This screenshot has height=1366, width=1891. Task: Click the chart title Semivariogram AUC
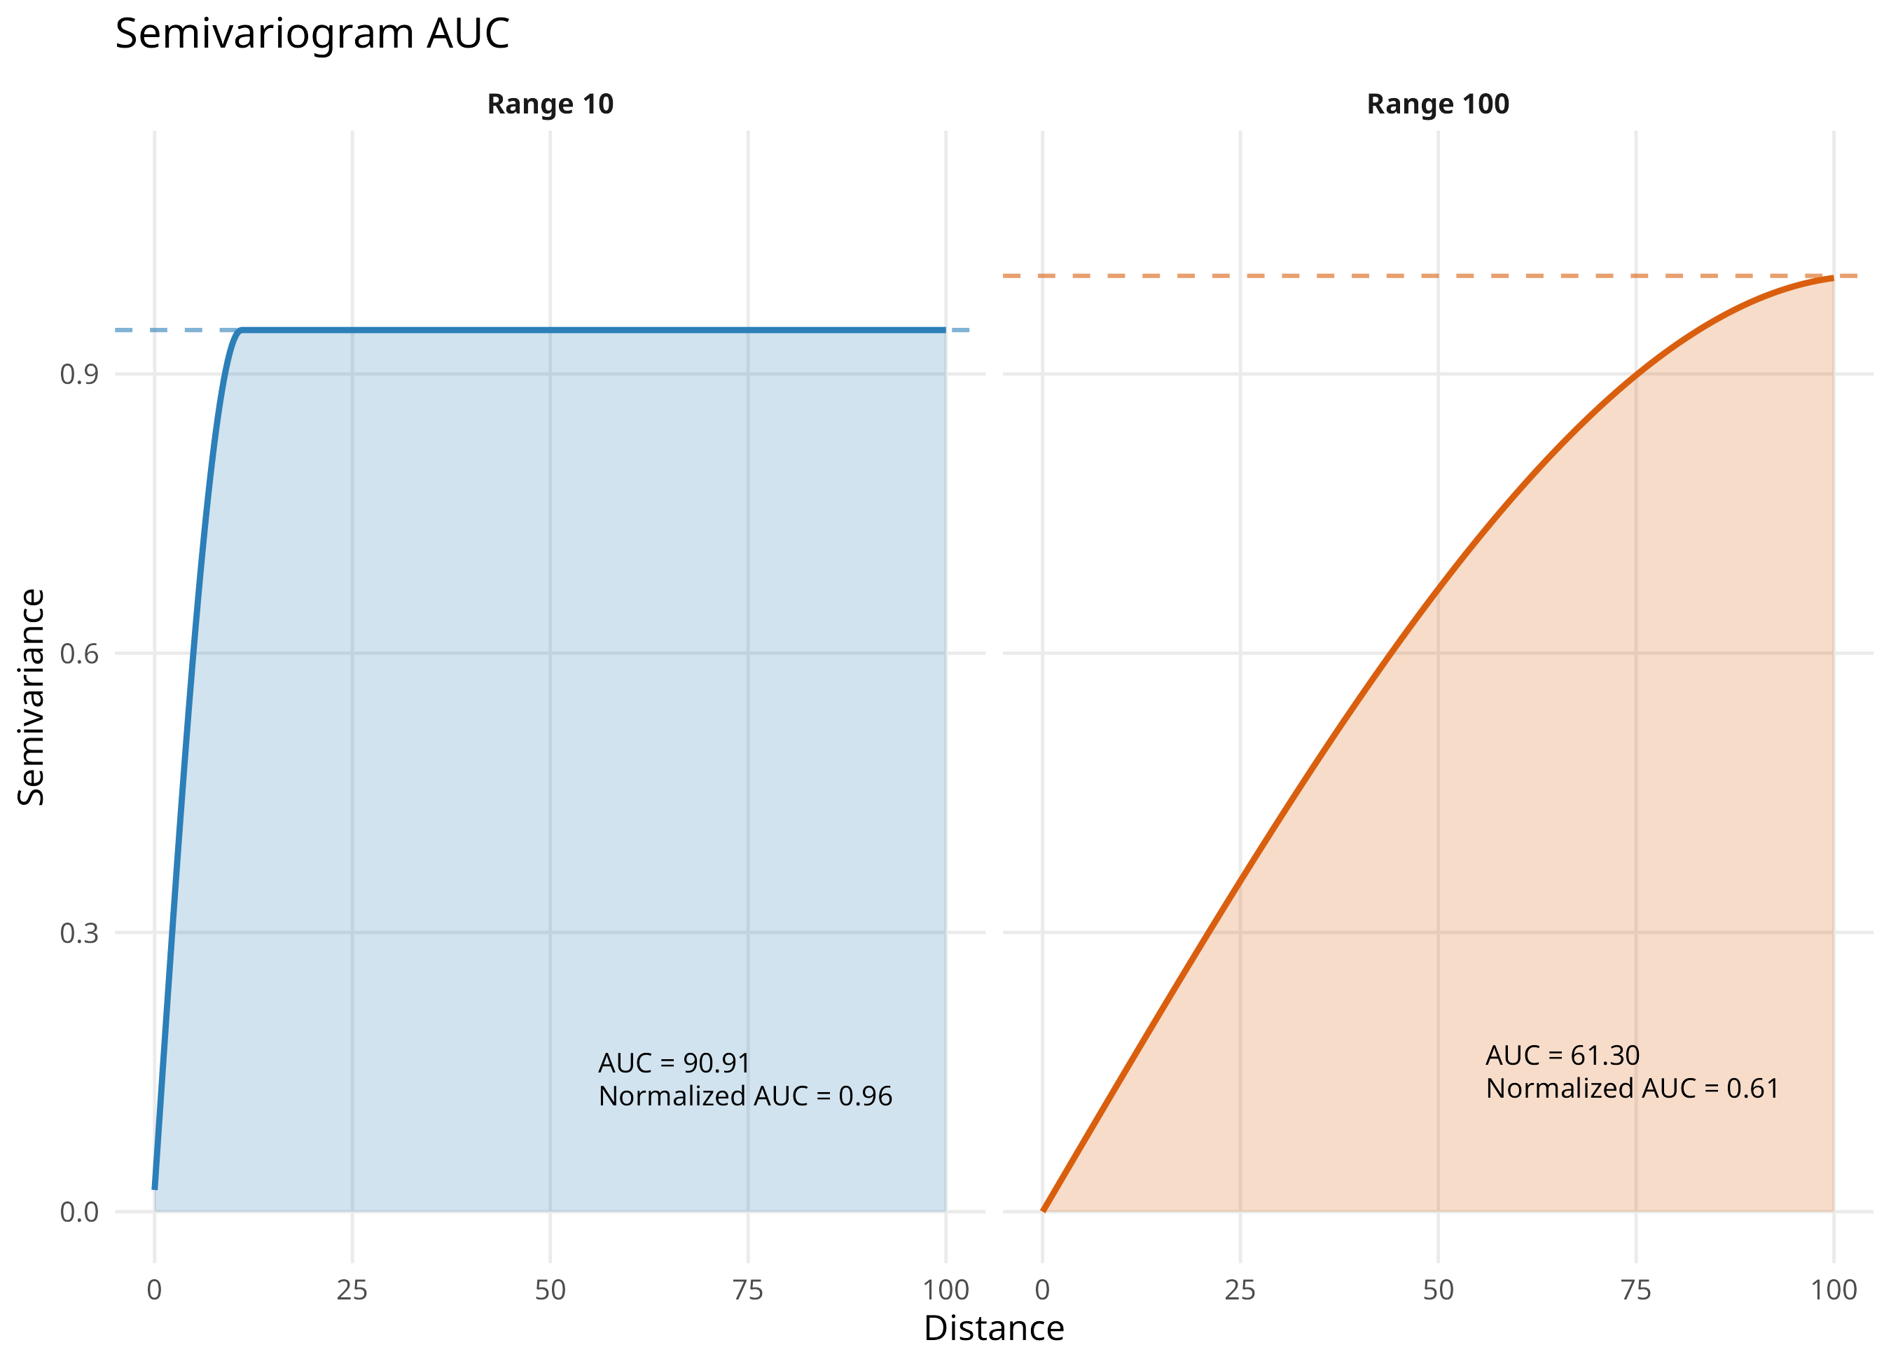(x=312, y=34)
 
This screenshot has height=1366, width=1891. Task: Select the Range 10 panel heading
(x=550, y=104)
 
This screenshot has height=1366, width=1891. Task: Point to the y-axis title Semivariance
(x=31, y=696)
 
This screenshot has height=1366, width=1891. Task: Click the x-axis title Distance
(x=994, y=1328)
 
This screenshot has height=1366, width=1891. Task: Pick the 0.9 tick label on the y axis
(x=79, y=375)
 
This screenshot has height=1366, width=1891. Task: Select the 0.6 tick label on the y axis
(x=79, y=654)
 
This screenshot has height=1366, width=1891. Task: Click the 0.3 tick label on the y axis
(x=79, y=932)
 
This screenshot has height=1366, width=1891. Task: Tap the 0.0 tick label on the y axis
(x=79, y=1212)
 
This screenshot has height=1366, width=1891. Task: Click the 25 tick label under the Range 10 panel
(x=352, y=1290)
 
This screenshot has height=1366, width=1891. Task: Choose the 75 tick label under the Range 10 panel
(x=748, y=1290)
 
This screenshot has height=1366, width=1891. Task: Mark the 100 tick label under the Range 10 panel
(x=946, y=1290)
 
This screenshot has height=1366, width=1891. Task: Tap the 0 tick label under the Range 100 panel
(x=1042, y=1290)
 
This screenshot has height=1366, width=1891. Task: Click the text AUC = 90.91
(x=674, y=1063)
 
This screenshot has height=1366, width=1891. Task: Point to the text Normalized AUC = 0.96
(x=745, y=1096)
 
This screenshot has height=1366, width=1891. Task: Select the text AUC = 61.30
(x=1563, y=1056)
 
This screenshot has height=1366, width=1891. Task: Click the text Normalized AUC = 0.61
(x=1633, y=1089)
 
